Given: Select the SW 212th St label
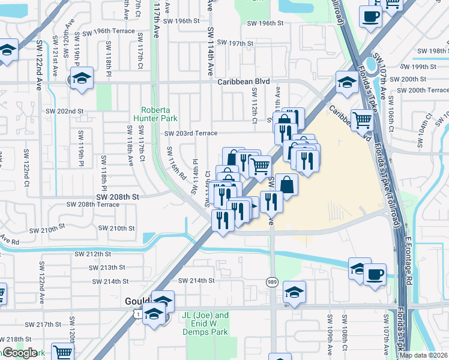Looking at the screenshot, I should (x=93, y=254).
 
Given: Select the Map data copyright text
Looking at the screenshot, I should (x=423, y=355).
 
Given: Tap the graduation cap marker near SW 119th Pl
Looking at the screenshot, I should (x=82, y=78).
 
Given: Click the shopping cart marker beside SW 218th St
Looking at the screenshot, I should (x=62, y=352).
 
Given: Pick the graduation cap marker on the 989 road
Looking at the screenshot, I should (x=294, y=293).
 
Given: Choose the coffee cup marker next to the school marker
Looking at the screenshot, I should (x=375, y=275).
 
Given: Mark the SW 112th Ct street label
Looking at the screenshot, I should (x=255, y=106).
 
